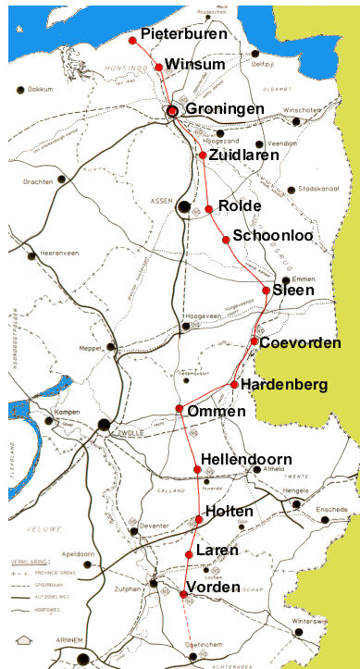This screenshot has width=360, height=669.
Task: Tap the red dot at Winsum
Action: point(159,67)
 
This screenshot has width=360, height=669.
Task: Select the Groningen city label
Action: point(225,109)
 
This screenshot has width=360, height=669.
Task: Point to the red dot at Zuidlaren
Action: point(203,155)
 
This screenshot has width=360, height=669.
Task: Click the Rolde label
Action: point(240,205)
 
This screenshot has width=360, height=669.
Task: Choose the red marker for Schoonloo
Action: point(226,241)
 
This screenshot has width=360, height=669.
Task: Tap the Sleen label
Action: point(292,291)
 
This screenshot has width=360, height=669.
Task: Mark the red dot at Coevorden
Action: point(254,342)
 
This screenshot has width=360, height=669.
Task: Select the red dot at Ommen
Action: point(179,409)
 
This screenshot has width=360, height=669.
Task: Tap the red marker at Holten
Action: point(198,520)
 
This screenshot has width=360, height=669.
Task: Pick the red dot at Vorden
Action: point(183,593)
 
